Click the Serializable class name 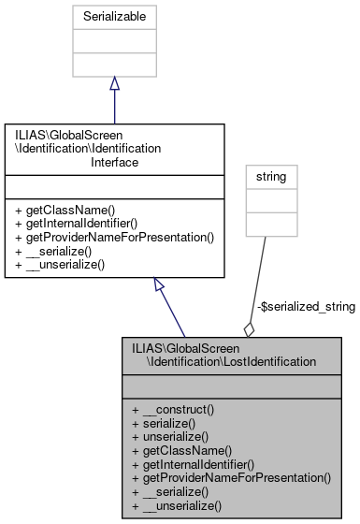point(114,17)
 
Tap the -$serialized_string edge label point(305,307)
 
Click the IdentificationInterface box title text point(114,148)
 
